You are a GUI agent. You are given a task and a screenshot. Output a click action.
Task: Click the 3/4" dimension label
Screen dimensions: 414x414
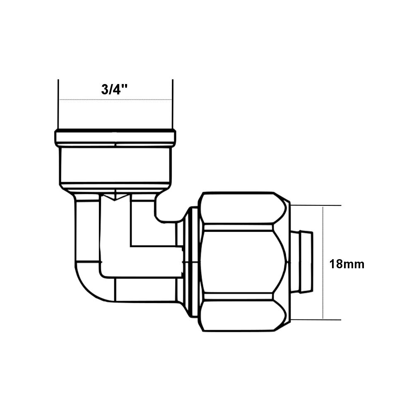tap(114, 89)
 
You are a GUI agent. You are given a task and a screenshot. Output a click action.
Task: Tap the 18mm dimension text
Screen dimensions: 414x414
tap(347, 264)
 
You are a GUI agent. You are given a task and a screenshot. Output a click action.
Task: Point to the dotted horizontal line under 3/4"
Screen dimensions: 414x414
tap(116, 99)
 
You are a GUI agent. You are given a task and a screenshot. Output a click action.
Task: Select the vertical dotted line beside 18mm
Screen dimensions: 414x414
tap(323, 263)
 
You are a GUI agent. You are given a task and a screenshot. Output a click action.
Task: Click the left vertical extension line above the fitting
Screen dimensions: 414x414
tap(58, 104)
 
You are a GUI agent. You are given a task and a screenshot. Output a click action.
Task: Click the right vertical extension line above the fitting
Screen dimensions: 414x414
tap(173, 104)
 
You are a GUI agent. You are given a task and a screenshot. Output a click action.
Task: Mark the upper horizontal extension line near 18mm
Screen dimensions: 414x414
tap(316, 205)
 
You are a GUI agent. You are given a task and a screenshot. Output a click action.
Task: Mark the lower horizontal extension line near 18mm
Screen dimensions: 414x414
tap(316, 320)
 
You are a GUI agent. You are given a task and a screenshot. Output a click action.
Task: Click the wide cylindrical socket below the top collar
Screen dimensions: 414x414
tap(116, 166)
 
